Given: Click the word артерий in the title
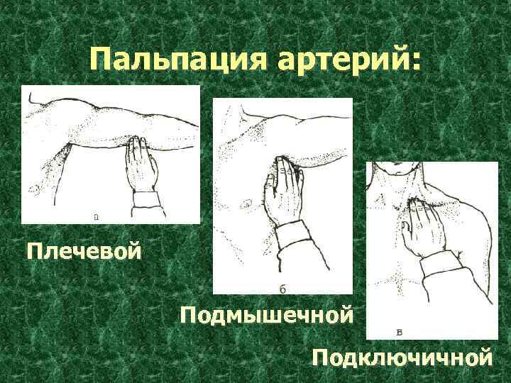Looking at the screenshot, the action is [341, 60].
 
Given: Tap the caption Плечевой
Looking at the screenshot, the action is [84, 251].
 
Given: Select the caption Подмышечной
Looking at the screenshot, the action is [267, 315].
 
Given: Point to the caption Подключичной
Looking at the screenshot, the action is [402, 357].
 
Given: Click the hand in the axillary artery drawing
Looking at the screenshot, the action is [284, 189].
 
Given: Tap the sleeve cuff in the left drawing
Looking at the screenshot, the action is [145, 199].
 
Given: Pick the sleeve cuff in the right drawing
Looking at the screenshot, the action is [436, 263].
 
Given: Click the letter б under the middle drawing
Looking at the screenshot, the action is [282, 289].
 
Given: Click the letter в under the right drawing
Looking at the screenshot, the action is [400, 332].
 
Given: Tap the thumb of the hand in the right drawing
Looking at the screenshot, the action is [406, 231].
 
